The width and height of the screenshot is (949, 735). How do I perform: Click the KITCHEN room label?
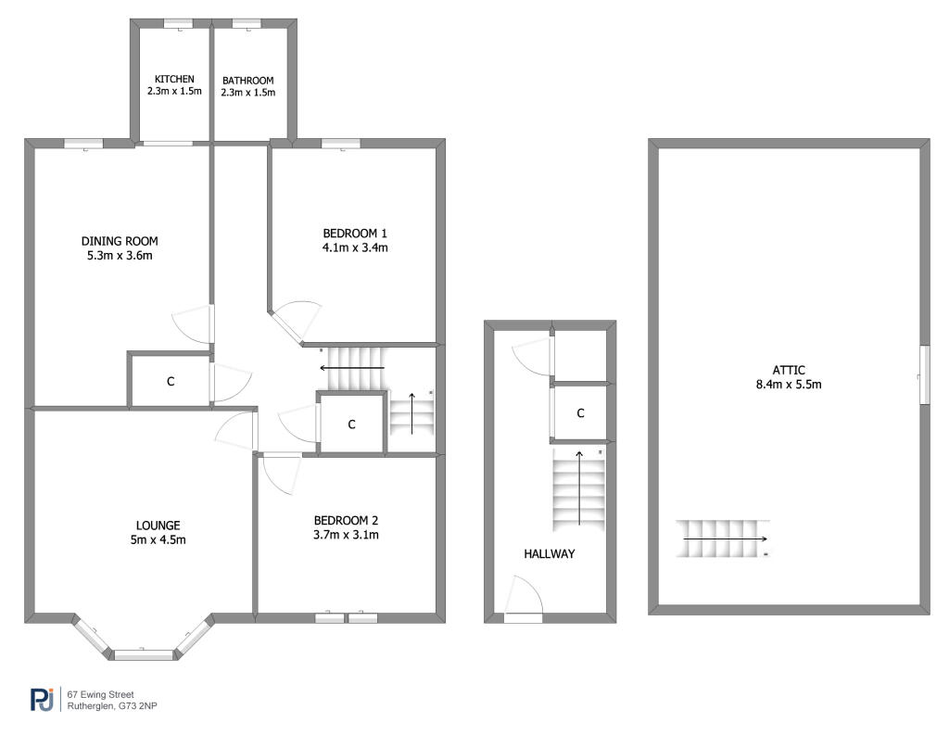pos(174,80)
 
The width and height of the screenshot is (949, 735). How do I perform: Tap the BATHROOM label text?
pos(248,81)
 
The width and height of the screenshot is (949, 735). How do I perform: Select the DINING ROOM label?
pos(120,241)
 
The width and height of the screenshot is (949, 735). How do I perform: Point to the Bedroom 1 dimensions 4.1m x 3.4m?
pos(355,247)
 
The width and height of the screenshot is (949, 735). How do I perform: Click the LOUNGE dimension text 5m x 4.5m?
pos(158,540)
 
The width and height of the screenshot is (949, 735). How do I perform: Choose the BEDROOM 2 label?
pos(347,521)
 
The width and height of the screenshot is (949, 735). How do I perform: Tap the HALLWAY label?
pos(550,554)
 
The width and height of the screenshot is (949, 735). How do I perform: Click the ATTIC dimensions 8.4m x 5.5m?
pos(789,385)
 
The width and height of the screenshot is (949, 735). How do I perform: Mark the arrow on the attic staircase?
pos(726,539)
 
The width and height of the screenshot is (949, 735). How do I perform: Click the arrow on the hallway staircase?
pos(579,488)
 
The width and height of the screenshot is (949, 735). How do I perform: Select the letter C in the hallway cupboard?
pos(580,413)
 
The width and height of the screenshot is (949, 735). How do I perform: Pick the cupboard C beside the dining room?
pos(171,382)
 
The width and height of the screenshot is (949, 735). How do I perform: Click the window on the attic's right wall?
pos(924,374)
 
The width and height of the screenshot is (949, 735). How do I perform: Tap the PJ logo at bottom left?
pos(43,699)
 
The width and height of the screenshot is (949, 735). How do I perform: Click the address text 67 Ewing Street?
pos(100,695)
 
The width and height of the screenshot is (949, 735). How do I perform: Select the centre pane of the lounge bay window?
pos(144,654)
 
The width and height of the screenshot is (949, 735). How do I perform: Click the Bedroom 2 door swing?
pos(282,475)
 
